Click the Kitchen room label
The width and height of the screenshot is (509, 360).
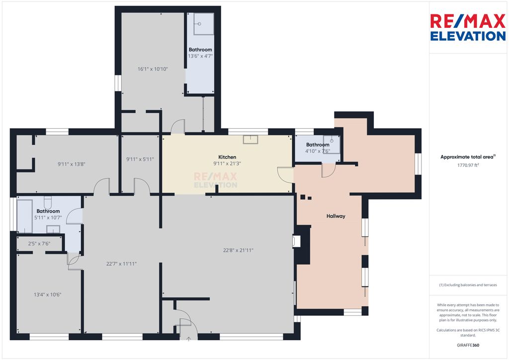click(227, 157)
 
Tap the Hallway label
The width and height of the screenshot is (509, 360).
click(336, 216)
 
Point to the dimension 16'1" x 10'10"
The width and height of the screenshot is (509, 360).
click(153, 69)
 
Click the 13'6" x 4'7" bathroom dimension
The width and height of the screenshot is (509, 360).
click(200, 56)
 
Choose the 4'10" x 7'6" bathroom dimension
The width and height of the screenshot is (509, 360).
click(317, 151)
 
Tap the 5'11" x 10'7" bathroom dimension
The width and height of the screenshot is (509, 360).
click(48, 218)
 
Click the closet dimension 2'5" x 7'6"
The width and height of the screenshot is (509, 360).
click(39, 243)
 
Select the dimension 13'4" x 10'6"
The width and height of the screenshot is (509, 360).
click(48, 294)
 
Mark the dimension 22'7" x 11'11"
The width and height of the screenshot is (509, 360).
click(121, 264)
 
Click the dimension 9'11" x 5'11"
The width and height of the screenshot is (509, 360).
click(140, 159)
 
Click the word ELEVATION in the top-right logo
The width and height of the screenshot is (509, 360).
click(468, 36)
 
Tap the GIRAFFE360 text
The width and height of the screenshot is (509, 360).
click(468, 345)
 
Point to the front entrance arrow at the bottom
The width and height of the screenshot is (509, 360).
click(188, 339)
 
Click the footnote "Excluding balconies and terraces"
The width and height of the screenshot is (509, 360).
click(468, 285)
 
